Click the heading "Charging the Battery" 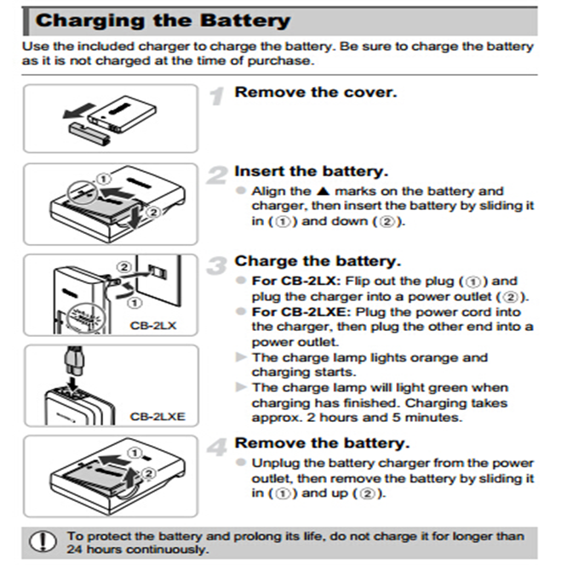(163, 20)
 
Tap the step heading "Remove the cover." (316, 93)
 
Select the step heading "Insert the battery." (312, 171)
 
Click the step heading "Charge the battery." (318, 261)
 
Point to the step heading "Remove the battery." (323, 443)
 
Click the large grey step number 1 (217, 96)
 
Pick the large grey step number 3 (217, 265)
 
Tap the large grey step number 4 (217, 447)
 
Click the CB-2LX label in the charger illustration (153, 325)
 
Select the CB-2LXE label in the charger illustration (158, 416)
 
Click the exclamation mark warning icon (43, 541)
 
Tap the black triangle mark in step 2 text (323, 191)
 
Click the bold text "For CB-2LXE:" (301, 312)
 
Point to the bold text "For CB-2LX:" (296, 281)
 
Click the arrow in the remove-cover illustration (79, 111)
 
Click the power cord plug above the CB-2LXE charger (74, 361)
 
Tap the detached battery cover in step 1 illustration (89, 134)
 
